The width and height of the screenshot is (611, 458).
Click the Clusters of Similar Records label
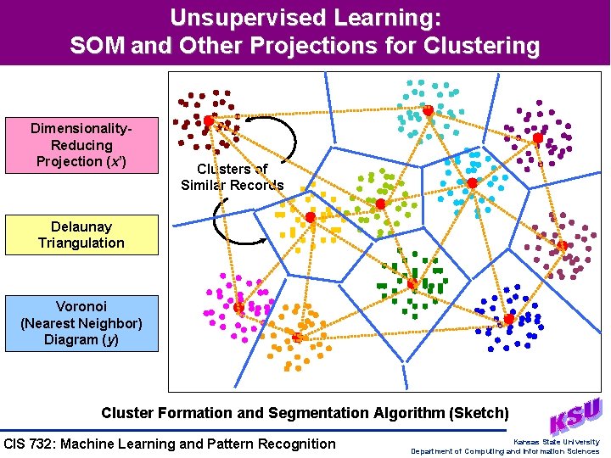232,177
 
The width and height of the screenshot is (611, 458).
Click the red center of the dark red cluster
208,120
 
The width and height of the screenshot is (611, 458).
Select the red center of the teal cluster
429,111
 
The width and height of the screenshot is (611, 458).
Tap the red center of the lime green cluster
381,204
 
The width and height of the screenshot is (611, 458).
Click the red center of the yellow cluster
311,218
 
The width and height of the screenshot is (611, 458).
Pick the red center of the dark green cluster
412,284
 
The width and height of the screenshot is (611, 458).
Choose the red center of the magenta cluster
239,307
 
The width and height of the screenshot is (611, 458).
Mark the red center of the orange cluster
297,338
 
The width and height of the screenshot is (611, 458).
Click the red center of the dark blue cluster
508,319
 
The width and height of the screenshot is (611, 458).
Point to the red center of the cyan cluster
472,182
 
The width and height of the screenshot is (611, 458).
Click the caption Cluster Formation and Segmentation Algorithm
305,413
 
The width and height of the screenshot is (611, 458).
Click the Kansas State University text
556,442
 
